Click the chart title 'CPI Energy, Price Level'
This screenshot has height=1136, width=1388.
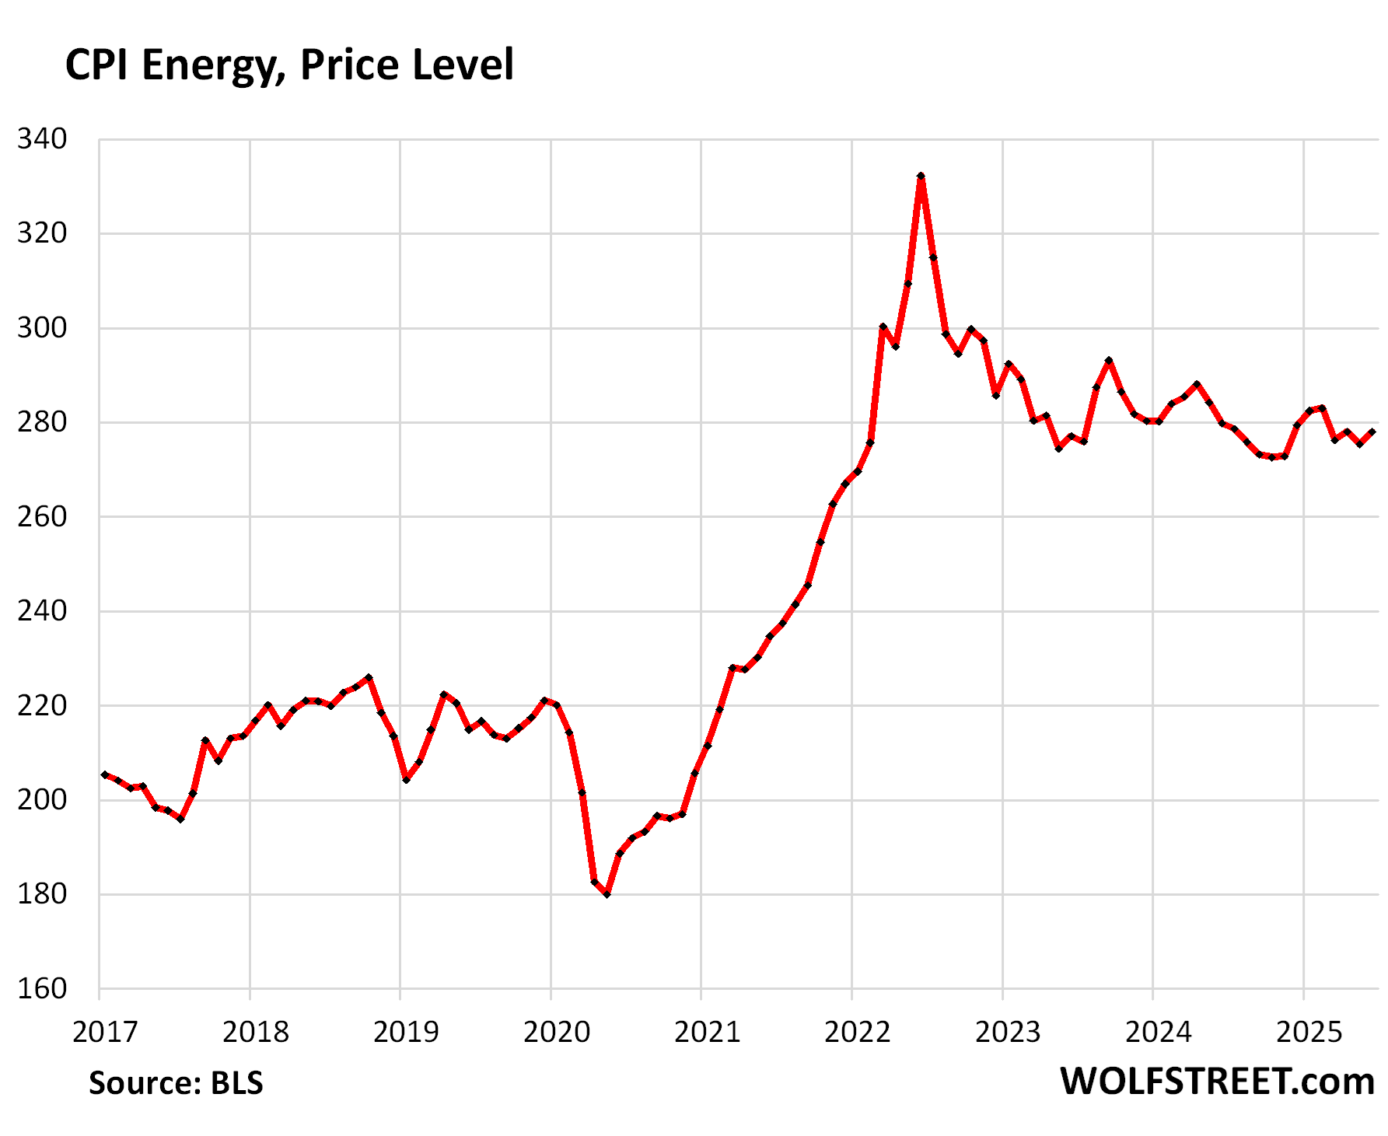coord(289,65)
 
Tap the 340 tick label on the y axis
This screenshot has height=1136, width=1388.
coord(43,140)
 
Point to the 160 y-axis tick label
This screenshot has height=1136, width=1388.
coord(43,989)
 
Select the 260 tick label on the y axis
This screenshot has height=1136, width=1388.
coord(43,517)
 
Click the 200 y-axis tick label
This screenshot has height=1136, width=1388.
coord(43,800)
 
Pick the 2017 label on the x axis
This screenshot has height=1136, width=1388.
coord(105,1032)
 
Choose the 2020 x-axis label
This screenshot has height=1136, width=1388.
coord(557,1032)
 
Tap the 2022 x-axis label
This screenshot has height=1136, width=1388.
coord(858,1032)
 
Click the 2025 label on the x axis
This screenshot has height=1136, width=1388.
coord(1309,1032)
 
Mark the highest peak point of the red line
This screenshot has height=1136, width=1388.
coord(921,177)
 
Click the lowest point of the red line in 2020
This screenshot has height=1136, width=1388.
coord(607,894)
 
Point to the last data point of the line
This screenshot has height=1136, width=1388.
coord(1372,432)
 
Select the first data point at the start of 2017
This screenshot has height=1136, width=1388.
coord(105,774)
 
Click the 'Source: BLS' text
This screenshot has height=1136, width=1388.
coord(176,1083)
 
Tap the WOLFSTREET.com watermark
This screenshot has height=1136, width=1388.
coord(1217,1082)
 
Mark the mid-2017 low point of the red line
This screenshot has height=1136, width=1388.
coord(180,819)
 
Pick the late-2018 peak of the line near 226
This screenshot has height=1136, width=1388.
coord(369,677)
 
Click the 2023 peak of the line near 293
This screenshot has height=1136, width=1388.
coord(1109,361)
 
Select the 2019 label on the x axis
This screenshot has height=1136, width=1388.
coord(406,1032)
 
